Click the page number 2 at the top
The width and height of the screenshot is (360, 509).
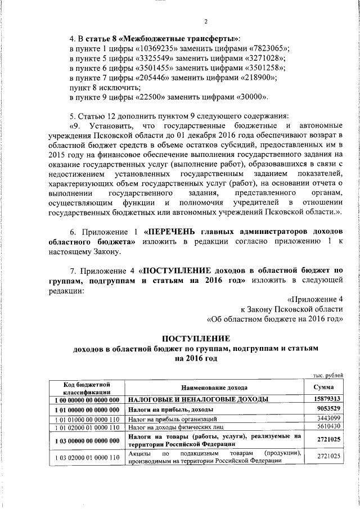pos(206,22)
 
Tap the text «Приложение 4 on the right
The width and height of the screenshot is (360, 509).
pos(314,299)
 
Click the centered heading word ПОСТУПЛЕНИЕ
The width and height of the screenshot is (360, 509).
pos(196,339)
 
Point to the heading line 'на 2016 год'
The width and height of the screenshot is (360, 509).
pos(195,358)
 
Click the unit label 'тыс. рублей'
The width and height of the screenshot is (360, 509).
pos(327,376)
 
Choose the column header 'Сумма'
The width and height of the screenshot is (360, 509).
pos(326,388)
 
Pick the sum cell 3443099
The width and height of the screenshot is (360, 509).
pos(327,418)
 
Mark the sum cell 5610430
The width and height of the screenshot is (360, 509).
pos(327,427)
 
